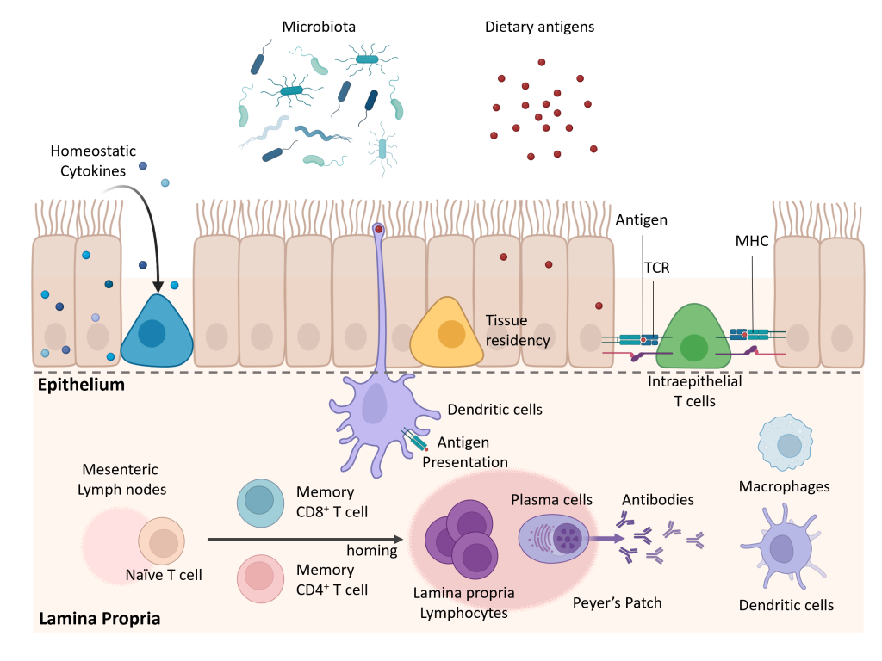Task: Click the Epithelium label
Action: pos(81,385)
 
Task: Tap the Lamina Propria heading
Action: pos(99,618)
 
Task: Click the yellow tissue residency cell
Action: pos(447,333)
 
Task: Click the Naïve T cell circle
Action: pos(162,541)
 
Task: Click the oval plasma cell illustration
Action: pos(556,538)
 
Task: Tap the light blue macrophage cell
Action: pos(786,443)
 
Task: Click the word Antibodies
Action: pos(658,499)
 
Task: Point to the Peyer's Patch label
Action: pos(618,602)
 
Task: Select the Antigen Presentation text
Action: pos(464,452)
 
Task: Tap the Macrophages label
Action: pos(785,487)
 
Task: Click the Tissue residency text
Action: pos(518,330)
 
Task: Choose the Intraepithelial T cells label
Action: pos(695,391)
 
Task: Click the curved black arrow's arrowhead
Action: pos(158,285)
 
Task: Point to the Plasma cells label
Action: pos(551,499)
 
